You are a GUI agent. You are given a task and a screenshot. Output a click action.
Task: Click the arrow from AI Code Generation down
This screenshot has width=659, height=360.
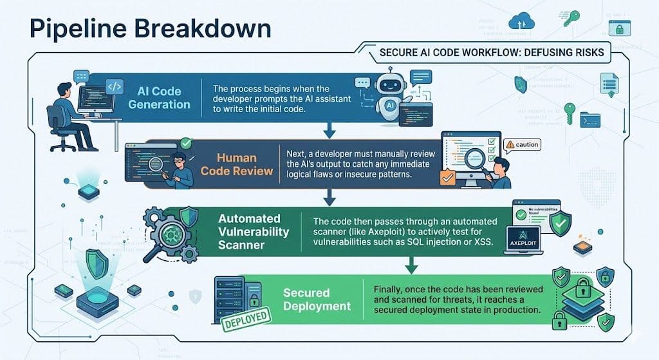(329, 131)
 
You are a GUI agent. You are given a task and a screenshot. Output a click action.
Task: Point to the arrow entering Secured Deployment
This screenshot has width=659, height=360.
(409, 265)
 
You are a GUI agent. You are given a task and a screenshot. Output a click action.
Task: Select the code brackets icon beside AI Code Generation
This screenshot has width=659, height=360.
(114, 87)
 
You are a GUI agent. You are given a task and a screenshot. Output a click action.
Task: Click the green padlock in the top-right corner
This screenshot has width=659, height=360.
(618, 28)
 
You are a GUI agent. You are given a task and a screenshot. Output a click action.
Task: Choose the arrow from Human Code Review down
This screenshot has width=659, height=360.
(329, 196)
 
